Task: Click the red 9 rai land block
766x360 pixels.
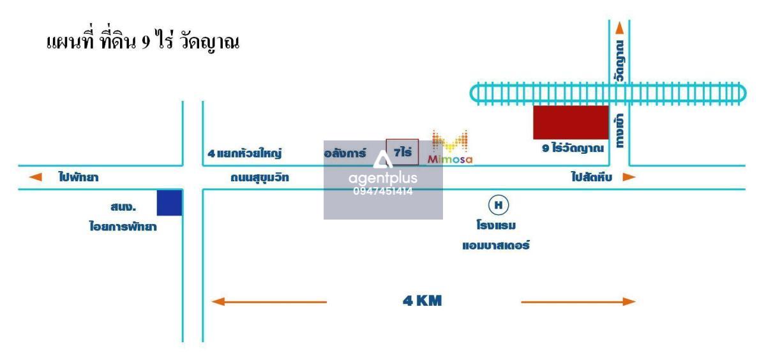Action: click(571, 123)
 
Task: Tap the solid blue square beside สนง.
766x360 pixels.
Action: click(169, 203)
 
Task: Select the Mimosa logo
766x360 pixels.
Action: click(450, 147)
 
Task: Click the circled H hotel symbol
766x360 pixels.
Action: click(499, 205)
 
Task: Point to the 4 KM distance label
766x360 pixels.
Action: click(423, 301)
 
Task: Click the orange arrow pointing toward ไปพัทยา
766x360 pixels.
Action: click(35, 177)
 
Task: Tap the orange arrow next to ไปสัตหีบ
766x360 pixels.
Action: click(629, 177)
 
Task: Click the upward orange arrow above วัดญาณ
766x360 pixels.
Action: click(619, 28)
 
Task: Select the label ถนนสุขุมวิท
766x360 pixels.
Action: click(260, 177)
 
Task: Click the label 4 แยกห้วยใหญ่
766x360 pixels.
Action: click(244, 153)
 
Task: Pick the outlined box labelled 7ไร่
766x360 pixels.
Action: click(402, 152)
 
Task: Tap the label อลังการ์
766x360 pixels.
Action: click(345, 153)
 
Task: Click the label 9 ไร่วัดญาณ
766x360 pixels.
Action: click(573, 148)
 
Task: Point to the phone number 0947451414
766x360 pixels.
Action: click(383, 191)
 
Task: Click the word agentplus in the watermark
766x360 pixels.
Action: click(383, 178)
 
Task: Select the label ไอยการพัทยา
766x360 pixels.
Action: click(123, 226)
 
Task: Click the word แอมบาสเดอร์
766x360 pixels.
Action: click(496, 245)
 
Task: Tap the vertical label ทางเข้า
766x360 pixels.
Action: click(619, 131)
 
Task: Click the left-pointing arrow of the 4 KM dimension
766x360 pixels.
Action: click(269, 301)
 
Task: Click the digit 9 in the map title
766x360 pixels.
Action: click(146, 42)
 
